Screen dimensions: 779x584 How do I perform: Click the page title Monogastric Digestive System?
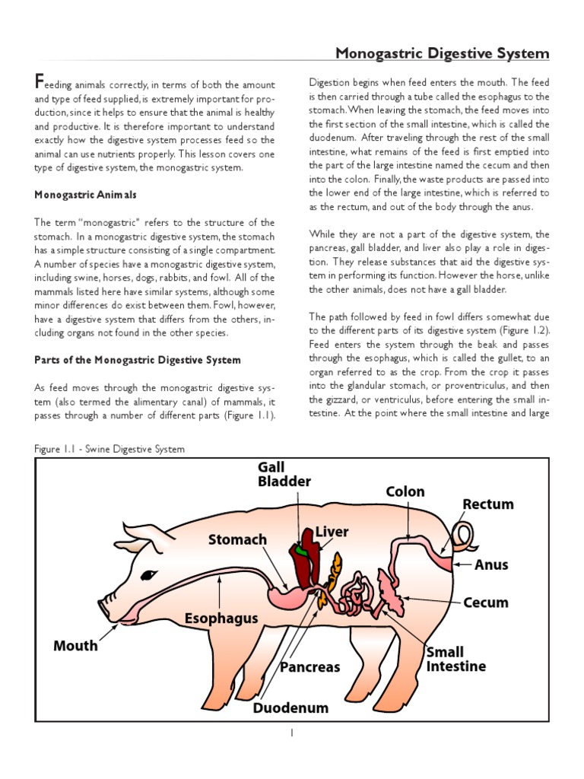(443, 54)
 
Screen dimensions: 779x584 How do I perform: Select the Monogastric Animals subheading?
(85, 195)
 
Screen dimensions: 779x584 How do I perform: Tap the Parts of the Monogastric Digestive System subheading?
(138, 360)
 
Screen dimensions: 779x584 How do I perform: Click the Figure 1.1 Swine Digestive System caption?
(109, 449)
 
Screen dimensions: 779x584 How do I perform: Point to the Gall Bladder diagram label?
(284, 474)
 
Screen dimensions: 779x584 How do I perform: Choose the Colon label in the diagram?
(405, 492)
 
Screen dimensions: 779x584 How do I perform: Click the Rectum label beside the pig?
(488, 504)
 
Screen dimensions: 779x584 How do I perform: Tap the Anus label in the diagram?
(491, 565)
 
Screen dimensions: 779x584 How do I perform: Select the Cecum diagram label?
(486, 603)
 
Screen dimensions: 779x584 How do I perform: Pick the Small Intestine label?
(455, 660)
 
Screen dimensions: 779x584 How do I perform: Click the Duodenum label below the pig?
(290, 707)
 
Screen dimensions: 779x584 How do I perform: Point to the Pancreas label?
(309, 667)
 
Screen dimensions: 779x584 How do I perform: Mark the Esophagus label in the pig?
(221, 618)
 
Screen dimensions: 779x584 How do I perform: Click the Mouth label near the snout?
(75, 646)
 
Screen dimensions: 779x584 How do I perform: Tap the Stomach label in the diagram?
(238, 539)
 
